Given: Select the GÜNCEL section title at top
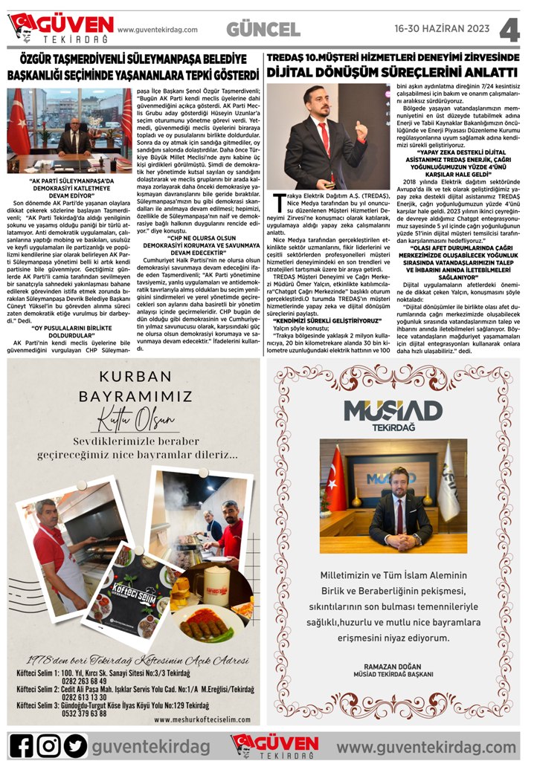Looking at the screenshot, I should pyautogui.click(x=263, y=30).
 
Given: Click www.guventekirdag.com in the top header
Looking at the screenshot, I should pyautogui.click(x=158, y=30).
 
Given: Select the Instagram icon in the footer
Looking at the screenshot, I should pyautogui.click(x=49, y=745).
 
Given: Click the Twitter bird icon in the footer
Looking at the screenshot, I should pyautogui.click(x=75, y=745).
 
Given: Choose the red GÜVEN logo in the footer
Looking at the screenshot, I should pyautogui.click(x=274, y=744).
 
